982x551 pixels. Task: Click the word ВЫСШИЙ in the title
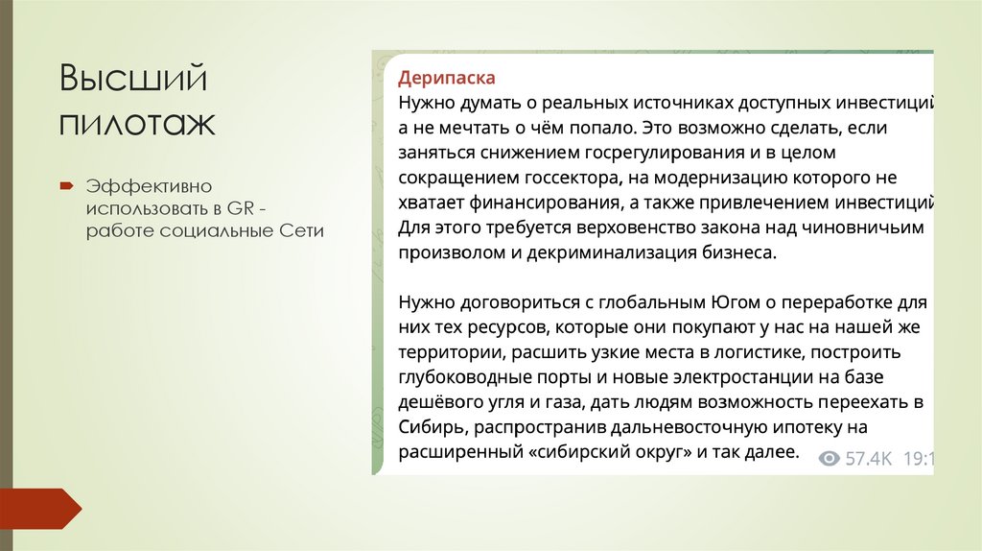click(x=133, y=79)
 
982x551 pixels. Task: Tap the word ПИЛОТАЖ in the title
click(x=137, y=123)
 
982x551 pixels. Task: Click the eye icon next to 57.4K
click(x=830, y=459)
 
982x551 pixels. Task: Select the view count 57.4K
click(x=869, y=459)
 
